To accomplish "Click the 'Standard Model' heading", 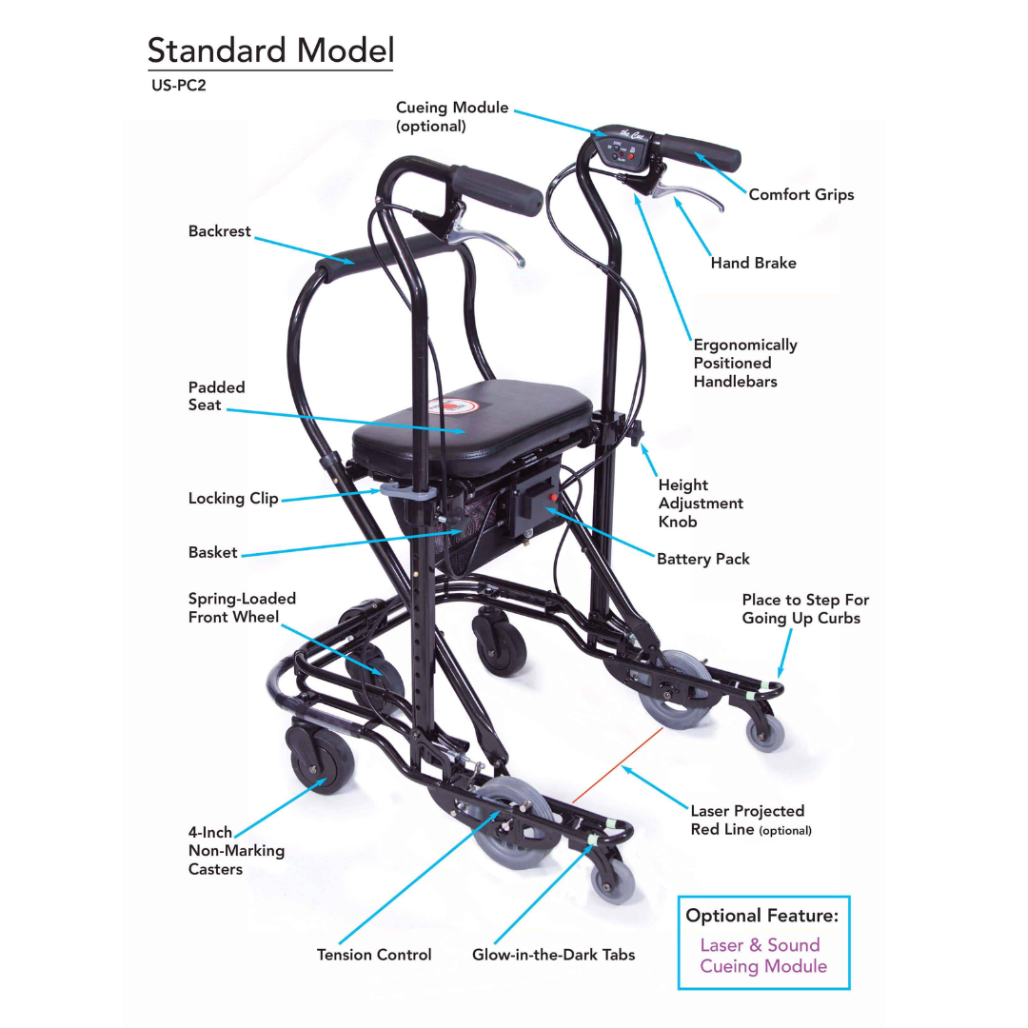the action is (x=270, y=50).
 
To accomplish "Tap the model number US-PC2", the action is (x=178, y=86).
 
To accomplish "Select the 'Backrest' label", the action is (x=219, y=230).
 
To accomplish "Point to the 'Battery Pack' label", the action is (x=702, y=560).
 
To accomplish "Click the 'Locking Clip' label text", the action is (x=233, y=498).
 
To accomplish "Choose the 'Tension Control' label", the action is (x=374, y=955).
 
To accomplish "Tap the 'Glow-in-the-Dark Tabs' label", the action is (x=553, y=955).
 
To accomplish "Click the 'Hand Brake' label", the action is (x=753, y=263).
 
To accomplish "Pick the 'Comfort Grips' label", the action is (x=801, y=195).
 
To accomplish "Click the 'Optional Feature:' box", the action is (x=763, y=942).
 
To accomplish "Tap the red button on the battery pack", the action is (x=554, y=498).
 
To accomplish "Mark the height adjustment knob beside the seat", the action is (x=636, y=433).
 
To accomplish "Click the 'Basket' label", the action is (x=212, y=553).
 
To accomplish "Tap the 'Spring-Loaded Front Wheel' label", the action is (x=242, y=607).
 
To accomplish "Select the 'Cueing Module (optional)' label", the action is (x=452, y=117).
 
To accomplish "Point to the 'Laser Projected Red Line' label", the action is (x=751, y=820).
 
